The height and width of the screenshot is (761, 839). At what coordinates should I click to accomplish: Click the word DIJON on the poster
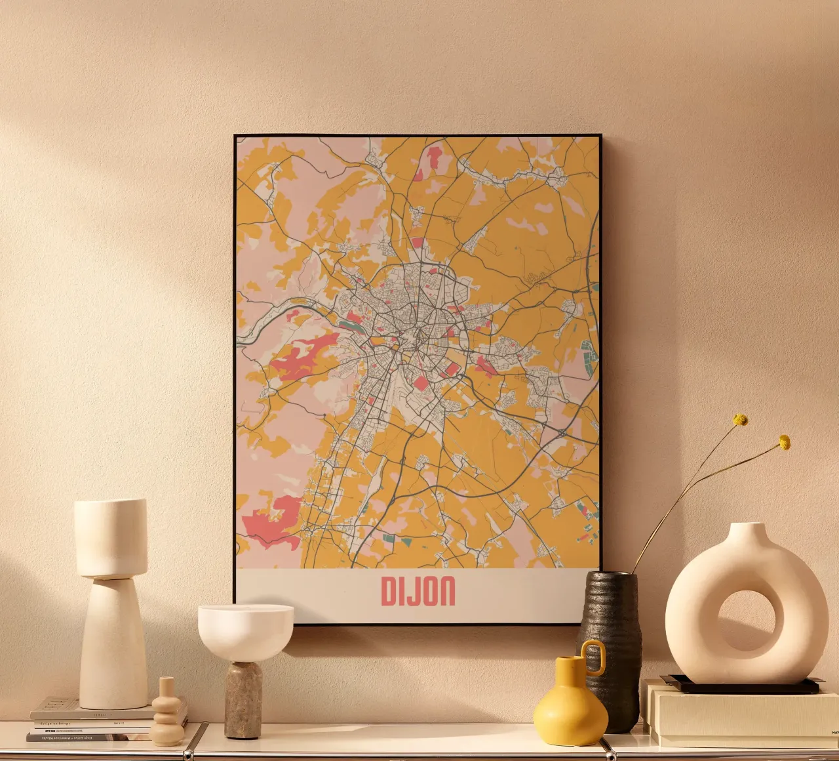[418, 592]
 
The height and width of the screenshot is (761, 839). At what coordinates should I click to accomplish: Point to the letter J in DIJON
[414, 592]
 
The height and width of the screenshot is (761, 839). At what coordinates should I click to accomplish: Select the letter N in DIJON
[448, 592]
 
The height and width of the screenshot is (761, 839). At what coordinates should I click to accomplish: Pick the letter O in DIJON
[430, 592]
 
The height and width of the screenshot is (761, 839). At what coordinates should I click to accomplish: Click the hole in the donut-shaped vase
[747, 620]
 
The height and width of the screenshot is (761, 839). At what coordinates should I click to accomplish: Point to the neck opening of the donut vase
[746, 526]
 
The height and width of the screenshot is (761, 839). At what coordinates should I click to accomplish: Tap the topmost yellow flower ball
[741, 419]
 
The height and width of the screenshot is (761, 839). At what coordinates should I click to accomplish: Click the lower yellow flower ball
[784, 442]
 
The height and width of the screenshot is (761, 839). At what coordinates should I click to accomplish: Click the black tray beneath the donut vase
[741, 686]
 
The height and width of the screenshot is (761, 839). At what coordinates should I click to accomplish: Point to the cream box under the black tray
[734, 715]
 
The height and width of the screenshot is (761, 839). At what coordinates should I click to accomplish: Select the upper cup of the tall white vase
[111, 537]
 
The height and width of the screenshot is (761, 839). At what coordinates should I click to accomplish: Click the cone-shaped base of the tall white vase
[113, 643]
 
